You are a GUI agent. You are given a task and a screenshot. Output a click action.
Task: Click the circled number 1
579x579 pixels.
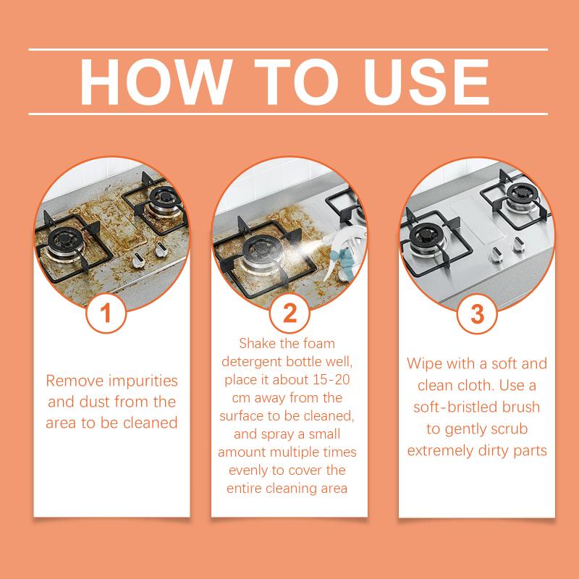pyautogui.click(x=106, y=314)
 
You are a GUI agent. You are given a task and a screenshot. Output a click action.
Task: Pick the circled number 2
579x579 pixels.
pyautogui.click(x=289, y=314)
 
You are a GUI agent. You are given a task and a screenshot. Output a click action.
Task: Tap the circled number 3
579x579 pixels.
pyautogui.click(x=477, y=314)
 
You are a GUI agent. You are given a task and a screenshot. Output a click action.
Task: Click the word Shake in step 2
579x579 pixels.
pyautogui.click(x=258, y=343)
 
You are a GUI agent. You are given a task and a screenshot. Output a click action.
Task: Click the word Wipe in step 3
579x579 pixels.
pyautogui.click(x=427, y=363)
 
